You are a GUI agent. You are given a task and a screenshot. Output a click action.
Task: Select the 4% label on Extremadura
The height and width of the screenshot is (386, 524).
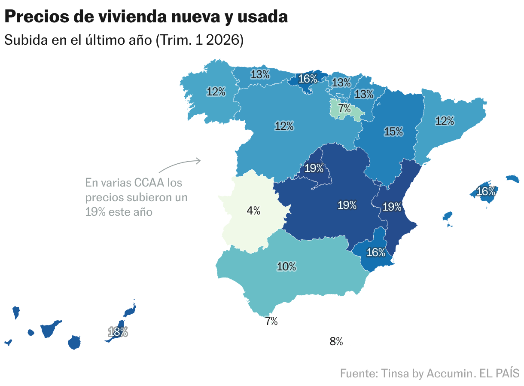click(253, 211)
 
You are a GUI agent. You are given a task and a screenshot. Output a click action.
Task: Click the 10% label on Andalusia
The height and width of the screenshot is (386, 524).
click(286, 267)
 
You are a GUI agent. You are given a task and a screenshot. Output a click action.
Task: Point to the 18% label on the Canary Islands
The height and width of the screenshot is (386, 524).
click(118, 332)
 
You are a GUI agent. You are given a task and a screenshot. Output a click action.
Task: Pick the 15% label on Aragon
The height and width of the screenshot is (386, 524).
click(393, 132)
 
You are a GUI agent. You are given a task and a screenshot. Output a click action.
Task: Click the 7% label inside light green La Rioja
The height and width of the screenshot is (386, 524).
click(344, 109)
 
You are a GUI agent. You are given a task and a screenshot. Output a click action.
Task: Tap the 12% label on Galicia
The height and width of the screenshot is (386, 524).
click(216, 92)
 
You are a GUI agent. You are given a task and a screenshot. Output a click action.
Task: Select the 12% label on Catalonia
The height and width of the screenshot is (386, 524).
click(445, 121)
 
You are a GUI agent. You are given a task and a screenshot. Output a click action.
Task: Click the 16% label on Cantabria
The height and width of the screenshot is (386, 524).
click(308, 79)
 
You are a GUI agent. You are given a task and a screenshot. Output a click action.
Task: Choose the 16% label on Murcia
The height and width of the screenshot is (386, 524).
click(376, 252)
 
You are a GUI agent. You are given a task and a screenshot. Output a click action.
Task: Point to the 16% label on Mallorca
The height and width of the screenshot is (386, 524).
click(486, 191)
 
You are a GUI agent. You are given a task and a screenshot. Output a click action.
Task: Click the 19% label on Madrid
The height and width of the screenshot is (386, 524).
click(314, 168)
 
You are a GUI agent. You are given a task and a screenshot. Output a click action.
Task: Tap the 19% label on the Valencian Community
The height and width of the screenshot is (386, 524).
click(392, 207)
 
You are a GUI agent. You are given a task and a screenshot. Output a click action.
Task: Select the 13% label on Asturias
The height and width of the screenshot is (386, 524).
click(260, 74)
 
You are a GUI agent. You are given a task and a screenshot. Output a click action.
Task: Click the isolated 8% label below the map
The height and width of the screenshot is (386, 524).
click(336, 342)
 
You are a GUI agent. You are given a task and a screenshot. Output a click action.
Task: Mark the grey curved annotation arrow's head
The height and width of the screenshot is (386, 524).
click(199, 161)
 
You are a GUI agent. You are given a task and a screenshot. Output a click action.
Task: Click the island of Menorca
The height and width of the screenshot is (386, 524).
click(513, 178)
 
